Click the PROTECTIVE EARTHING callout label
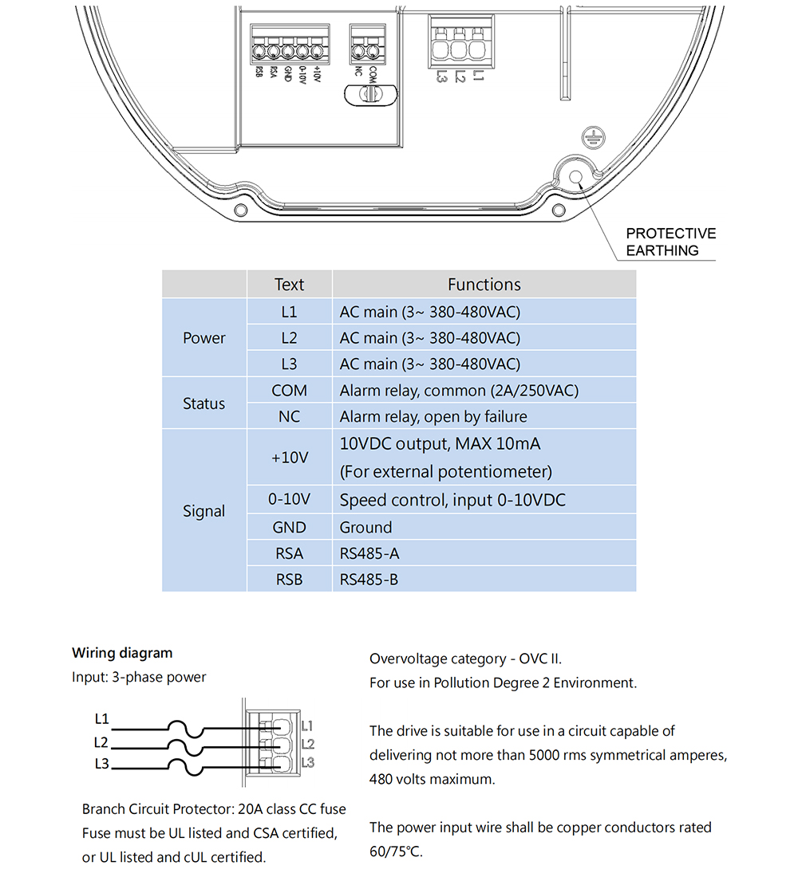(x=670, y=242)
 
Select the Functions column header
(x=484, y=285)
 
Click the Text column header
(x=289, y=285)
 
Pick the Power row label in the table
(x=203, y=338)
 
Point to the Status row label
(x=203, y=403)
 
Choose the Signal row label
(x=203, y=511)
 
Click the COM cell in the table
(x=289, y=391)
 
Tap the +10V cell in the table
(x=289, y=458)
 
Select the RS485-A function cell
(x=369, y=553)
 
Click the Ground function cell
(x=366, y=527)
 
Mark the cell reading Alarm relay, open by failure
(x=433, y=416)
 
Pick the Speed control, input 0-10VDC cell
(x=452, y=501)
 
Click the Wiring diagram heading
(x=122, y=653)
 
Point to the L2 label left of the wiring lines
(x=101, y=742)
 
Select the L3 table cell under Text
(x=289, y=364)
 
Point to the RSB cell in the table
(x=289, y=580)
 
